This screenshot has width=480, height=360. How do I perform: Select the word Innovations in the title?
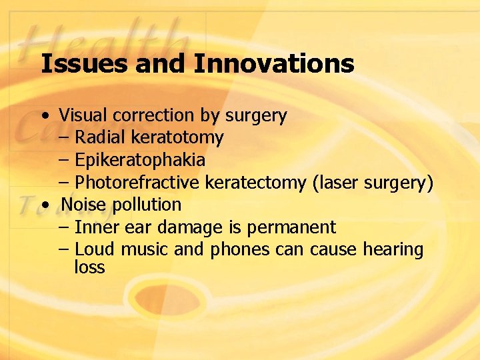[x=274, y=64]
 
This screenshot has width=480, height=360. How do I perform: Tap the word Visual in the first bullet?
[x=83, y=115]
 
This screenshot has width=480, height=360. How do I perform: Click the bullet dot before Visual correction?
[x=43, y=116]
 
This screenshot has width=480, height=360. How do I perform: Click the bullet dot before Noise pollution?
[x=43, y=205]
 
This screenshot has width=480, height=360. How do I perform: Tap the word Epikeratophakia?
[x=140, y=161]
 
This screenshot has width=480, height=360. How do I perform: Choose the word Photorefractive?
[x=137, y=183]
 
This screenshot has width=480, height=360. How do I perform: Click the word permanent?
[x=291, y=228]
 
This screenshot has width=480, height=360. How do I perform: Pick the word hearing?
[x=393, y=251]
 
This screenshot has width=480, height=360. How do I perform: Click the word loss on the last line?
[x=89, y=267]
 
